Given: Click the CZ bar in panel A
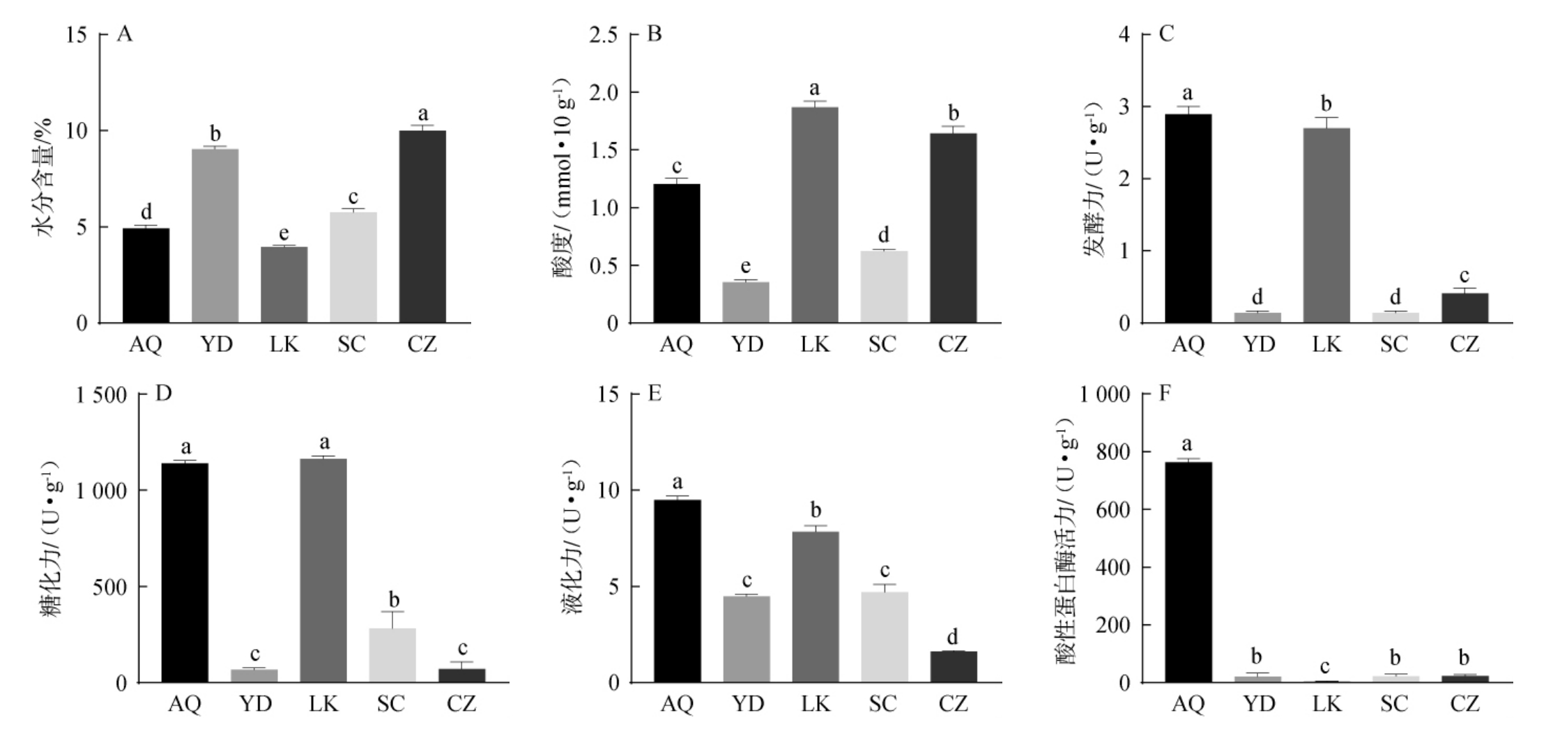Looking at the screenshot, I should coord(422,226).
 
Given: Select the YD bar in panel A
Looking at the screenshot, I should coord(215,236).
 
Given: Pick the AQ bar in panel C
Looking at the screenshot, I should coord(1188,218).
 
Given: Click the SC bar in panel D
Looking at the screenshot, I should coord(392,655).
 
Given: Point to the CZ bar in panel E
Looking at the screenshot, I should coord(953,667).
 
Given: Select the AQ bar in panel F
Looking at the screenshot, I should coord(1188,572).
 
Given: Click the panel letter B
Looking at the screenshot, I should coord(654,33).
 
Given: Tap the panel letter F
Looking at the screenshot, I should coord(1165,394).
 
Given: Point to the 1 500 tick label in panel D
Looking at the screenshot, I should coord(101,395).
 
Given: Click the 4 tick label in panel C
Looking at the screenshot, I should coord(1124,34).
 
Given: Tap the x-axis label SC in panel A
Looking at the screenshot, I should coord(352,344).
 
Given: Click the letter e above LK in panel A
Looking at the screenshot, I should coord(284,233).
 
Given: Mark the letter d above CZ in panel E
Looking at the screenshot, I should coord(952,636).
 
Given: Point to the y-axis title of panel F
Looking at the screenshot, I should coord(1067,540).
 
